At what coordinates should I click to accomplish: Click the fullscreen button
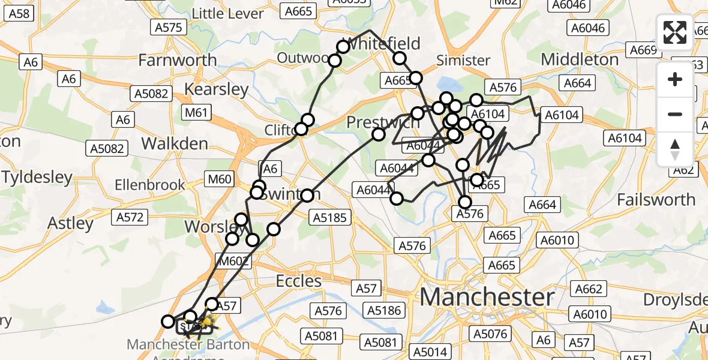[675, 32]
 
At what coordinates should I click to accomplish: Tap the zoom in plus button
[675, 79]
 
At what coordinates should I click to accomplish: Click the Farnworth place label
[178, 60]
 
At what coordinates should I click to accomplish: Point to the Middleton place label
[580, 59]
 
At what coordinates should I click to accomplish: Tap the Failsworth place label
[656, 199]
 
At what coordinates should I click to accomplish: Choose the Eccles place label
[299, 281]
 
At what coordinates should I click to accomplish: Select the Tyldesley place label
[37, 178]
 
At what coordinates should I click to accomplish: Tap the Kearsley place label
[216, 90]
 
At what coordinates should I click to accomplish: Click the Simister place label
[463, 60]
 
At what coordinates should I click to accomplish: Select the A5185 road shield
[330, 218]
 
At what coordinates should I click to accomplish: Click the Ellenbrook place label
[150, 185]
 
